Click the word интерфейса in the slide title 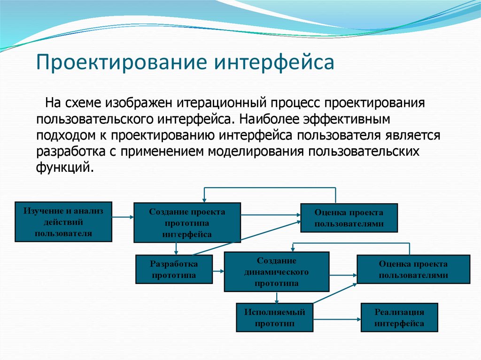[x=274, y=62]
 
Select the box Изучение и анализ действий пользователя [x=63, y=222]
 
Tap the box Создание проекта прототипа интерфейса [x=187, y=222]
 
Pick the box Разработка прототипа [x=174, y=269]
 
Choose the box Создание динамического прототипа [x=276, y=272]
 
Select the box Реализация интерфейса [x=399, y=318]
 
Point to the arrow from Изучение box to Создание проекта [x=123, y=217]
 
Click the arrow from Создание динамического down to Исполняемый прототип [x=277, y=298]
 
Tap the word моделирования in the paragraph [x=256, y=152]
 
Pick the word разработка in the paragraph [x=75, y=152]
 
